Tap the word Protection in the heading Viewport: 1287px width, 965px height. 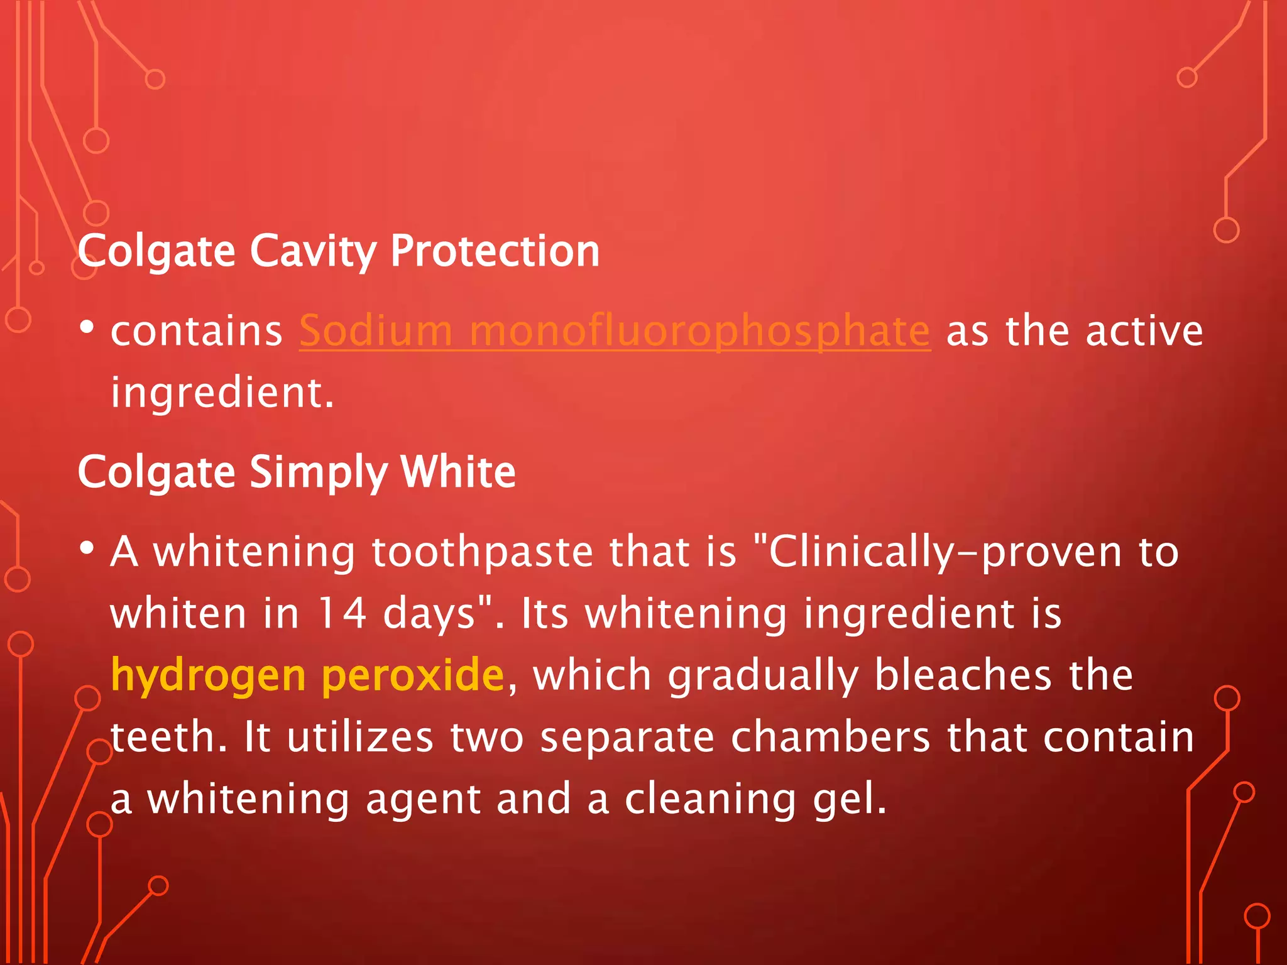(495, 251)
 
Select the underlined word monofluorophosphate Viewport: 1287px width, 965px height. (699, 331)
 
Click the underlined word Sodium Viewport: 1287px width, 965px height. (375, 331)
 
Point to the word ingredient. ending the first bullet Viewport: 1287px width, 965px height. (222, 393)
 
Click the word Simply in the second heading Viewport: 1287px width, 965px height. (318, 472)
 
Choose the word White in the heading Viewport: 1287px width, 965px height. (458, 472)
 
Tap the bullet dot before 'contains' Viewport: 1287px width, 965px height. (87, 327)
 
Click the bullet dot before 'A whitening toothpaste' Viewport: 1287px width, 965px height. (87, 548)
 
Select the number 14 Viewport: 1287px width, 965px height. (342, 613)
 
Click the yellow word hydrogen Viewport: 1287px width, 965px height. (208, 676)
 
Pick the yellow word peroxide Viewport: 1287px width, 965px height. (413, 676)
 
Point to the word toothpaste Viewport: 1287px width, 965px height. (482, 552)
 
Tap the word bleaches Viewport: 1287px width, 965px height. (963, 676)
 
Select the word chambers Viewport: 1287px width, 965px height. (830, 737)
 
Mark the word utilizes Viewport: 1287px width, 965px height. (360, 737)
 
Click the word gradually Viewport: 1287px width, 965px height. (763, 676)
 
